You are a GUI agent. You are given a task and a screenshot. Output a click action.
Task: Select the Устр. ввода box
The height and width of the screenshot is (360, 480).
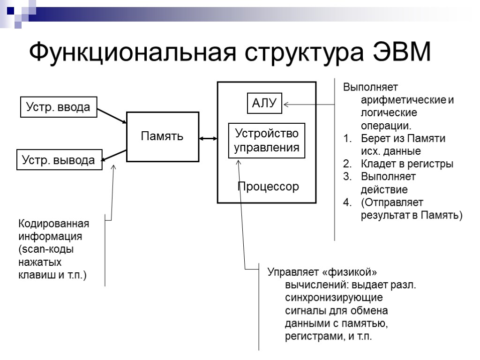click(x=58, y=107)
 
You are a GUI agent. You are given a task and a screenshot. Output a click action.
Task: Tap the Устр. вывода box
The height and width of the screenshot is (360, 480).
click(x=59, y=160)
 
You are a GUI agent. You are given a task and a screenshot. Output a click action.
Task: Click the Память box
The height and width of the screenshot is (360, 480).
click(x=162, y=136)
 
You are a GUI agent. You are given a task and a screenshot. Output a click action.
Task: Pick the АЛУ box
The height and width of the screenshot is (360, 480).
click(x=265, y=103)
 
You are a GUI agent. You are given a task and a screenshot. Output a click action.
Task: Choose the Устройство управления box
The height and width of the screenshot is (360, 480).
click(x=266, y=141)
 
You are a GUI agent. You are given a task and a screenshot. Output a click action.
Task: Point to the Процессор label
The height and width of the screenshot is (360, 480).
click(x=268, y=187)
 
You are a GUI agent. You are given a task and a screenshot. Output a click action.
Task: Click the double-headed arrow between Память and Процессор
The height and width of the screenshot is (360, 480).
click(x=208, y=138)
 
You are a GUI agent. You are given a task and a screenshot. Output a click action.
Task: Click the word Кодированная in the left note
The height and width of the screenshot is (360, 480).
click(x=53, y=223)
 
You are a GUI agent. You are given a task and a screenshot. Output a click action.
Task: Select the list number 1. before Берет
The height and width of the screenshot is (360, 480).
click(x=347, y=139)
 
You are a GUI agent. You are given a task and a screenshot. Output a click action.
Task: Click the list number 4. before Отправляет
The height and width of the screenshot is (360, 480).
click(x=347, y=202)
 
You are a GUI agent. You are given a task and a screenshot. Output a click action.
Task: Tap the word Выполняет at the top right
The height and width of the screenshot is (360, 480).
click(x=370, y=88)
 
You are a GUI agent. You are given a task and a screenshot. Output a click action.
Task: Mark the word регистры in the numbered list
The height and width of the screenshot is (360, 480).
click(x=431, y=164)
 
